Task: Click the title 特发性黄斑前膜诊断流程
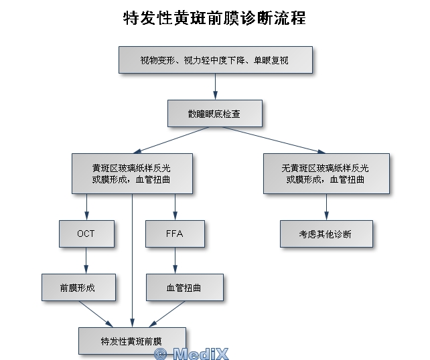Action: point(215,18)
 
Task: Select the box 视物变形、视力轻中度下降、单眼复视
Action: point(215,60)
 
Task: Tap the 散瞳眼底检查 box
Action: point(215,114)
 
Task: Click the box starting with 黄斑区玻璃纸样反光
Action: point(131,174)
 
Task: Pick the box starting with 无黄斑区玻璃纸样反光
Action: point(326,174)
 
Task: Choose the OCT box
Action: point(86,234)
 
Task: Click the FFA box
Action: point(175,234)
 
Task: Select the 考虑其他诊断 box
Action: point(326,234)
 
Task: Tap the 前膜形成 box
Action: point(78,288)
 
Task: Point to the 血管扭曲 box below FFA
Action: point(184,288)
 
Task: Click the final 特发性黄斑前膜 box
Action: point(131,341)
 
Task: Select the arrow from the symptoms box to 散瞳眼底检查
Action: point(215,87)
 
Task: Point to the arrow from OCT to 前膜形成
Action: point(86,261)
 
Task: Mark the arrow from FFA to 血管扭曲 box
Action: point(175,261)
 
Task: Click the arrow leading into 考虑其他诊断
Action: point(326,207)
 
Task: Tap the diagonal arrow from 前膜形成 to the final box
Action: point(95,314)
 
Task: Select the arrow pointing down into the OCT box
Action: point(86,207)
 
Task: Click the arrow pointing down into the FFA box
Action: point(175,207)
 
